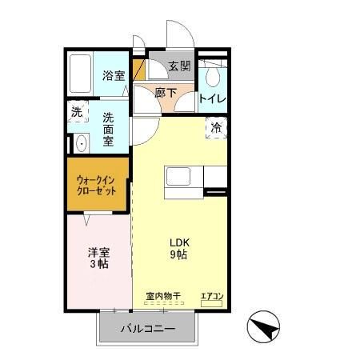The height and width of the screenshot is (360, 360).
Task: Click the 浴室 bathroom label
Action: [x=114, y=76]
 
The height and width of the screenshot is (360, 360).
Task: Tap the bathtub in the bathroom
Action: [x=80, y=75]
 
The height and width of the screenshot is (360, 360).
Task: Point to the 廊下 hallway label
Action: [x=165, y=93]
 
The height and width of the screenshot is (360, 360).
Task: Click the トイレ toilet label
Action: [x=213, y=99]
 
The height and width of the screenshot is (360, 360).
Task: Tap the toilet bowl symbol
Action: [x=212, y=76]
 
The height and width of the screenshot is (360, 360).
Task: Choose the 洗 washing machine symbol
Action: [x=76, y=113]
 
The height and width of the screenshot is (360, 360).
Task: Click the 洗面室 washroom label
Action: [x=108, y=128]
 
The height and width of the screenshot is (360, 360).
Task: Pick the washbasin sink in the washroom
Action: [x=80, y=145]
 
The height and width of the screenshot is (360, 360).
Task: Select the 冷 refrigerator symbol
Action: [x=217, y=127]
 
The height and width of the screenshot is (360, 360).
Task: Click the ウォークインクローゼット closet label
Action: [x=96, y=186]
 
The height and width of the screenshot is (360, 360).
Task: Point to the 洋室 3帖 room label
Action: [x=98, y=258]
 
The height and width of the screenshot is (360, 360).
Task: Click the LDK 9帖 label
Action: [x=178, y=249]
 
